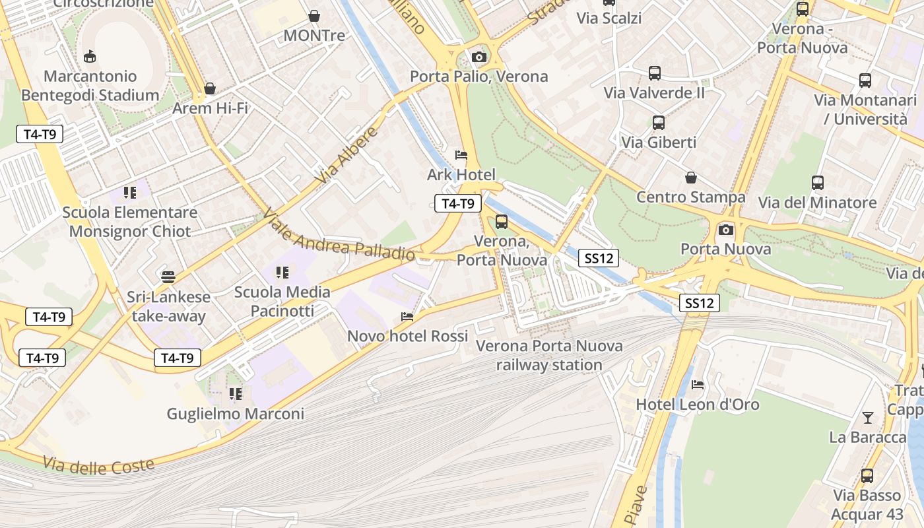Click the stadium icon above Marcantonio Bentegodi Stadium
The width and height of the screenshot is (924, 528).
coord(90,57)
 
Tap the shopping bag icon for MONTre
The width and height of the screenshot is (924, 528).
coord(314,16)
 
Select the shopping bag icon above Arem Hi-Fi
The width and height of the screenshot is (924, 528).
coord(210,88)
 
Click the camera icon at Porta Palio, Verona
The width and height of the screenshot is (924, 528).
coord(479,57)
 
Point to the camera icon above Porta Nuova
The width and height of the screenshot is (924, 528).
coord(726,230)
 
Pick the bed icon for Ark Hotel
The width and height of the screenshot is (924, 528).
coord(461,155)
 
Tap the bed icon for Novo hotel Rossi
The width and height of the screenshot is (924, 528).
coord(407,317)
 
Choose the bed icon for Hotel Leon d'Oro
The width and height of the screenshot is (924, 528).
coord(698,385)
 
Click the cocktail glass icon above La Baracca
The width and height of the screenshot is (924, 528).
coord(867,418)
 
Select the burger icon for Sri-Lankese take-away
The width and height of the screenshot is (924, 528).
coord(168,277)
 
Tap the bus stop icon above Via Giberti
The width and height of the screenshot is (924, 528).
coord(658,123)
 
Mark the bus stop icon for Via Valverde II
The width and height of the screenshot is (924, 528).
coord(654,73)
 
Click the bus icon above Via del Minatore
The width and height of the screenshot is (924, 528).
coord(817,183)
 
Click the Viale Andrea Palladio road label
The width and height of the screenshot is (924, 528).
coord(339,236)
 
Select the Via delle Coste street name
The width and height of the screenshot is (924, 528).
coord(99,465)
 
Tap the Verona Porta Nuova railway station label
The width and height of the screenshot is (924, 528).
coord(549,355)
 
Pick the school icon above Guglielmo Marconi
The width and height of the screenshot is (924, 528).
coord(235,395)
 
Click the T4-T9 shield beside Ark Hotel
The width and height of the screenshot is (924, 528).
coord(457,203)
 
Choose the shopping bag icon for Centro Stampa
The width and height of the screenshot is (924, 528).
coord(690,178)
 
